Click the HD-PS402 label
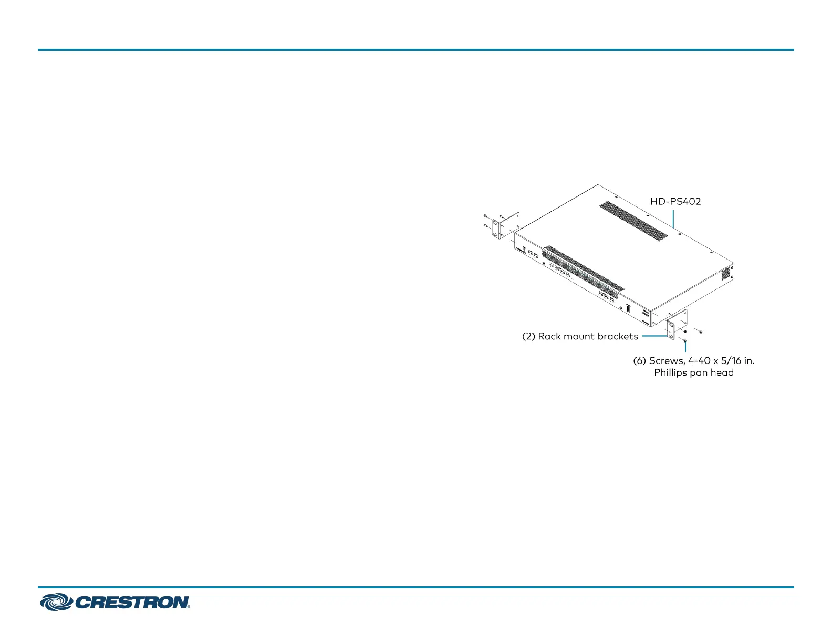[675, 201]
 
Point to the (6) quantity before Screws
[639, 361]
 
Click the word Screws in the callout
[667, 361]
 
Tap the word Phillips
[670, 373]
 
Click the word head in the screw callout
[722, 373]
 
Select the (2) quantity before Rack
[528, 336]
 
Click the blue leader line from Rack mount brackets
[653, 336]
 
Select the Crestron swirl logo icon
[56, 602]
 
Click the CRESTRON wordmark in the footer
[132, 602]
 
